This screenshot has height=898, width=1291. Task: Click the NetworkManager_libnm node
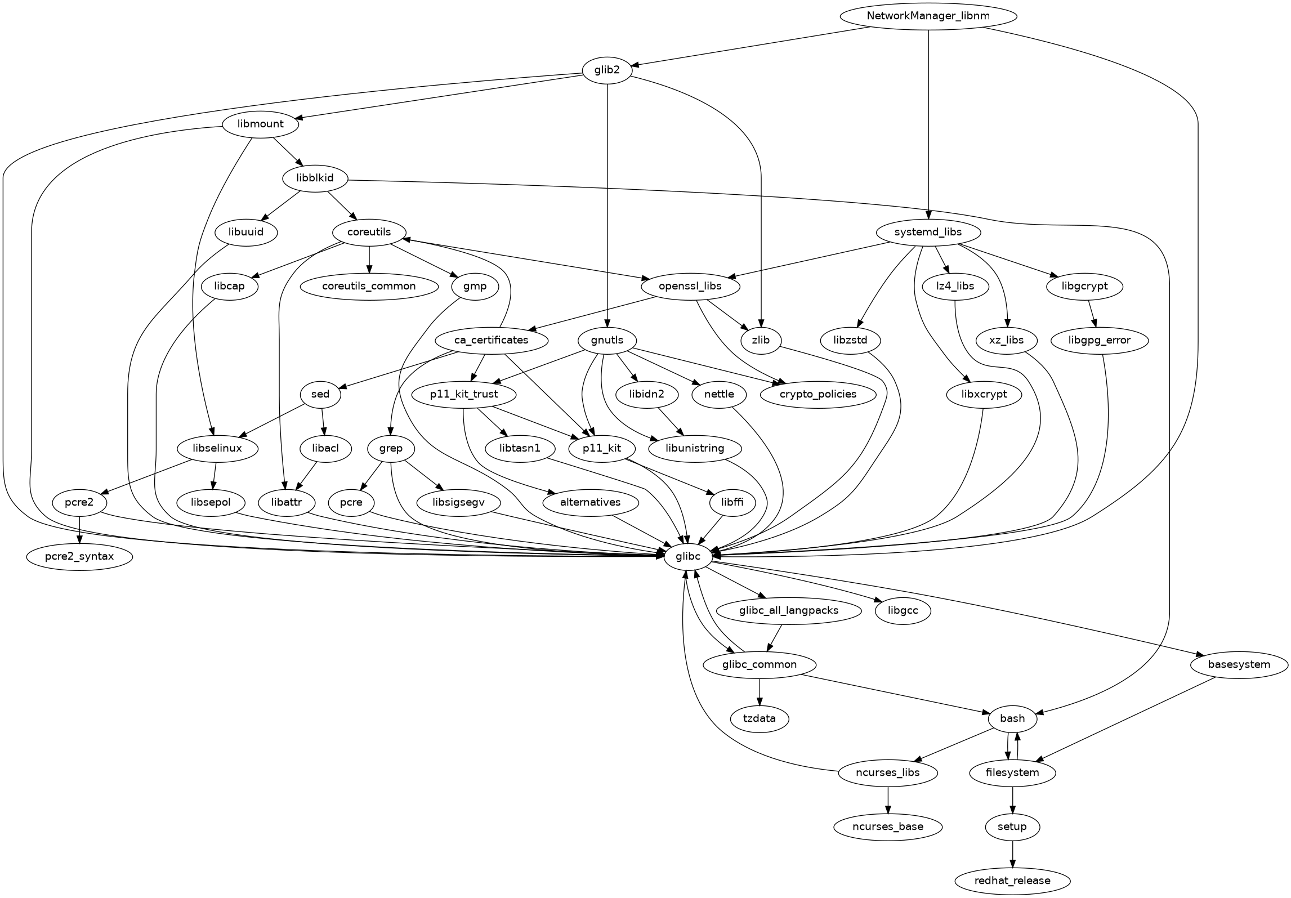928,16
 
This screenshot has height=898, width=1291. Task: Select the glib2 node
607,70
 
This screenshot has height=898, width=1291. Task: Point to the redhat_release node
1012,880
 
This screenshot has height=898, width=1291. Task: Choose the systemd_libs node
928,232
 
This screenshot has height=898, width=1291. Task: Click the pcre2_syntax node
79,556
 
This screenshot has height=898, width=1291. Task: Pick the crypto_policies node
818,394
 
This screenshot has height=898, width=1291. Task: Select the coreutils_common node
369,286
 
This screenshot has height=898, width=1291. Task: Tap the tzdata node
760,718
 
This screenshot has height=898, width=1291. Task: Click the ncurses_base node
888,826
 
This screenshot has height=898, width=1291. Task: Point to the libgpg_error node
1099,340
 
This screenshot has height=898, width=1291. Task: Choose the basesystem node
1239,664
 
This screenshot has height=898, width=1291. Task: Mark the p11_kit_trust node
464,394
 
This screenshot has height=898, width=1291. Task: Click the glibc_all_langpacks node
788,610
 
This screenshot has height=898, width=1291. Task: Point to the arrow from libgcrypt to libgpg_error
1092,313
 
